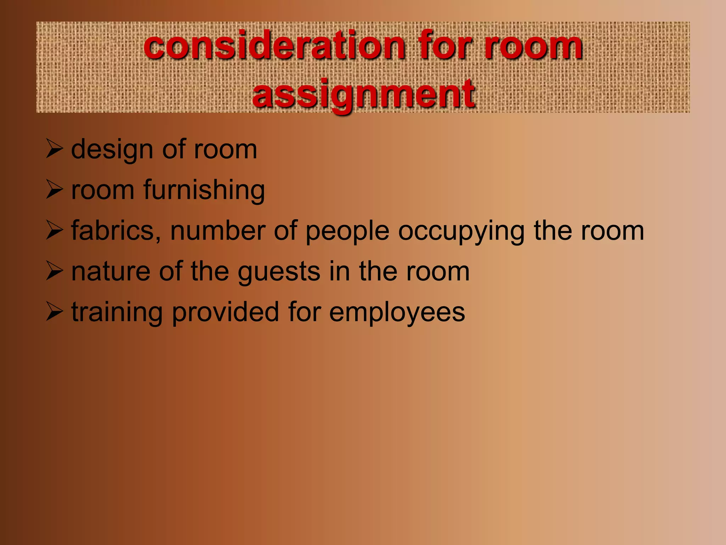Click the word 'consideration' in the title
[x=274, y=46]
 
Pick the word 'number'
[x=218, y=231]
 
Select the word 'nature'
[x=111, y=272]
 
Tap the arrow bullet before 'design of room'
[x=55, y=149]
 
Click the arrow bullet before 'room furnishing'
[x=55, y=190]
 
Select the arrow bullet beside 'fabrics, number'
[x=55, y=231]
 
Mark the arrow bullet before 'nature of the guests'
[x=55, y=272]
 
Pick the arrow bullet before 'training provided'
[x=55, y=313]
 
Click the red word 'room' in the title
[x=533, y=46]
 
